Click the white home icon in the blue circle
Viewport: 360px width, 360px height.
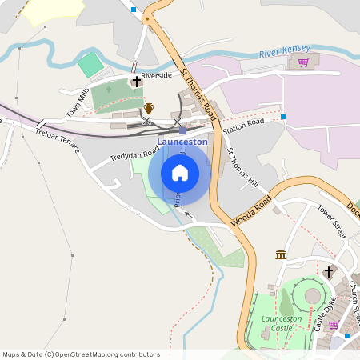click(180, 172)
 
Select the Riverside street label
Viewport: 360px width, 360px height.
click(157, 75)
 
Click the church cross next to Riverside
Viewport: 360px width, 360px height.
click(137, 81)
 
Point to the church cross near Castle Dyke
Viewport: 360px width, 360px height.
click(328, 272)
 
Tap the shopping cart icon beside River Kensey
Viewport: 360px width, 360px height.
click(303, 62)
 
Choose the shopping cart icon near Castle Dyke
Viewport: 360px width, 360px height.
click(334, 325)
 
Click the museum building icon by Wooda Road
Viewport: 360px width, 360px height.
click(281, 254)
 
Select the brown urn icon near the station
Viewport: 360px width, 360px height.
click(149, 109)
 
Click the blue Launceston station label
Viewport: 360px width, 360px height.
click(182, 142)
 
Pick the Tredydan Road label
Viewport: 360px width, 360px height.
click(134, 150)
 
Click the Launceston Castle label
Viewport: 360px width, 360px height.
click(282, 322)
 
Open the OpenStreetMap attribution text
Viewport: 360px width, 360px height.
click(81, 354)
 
